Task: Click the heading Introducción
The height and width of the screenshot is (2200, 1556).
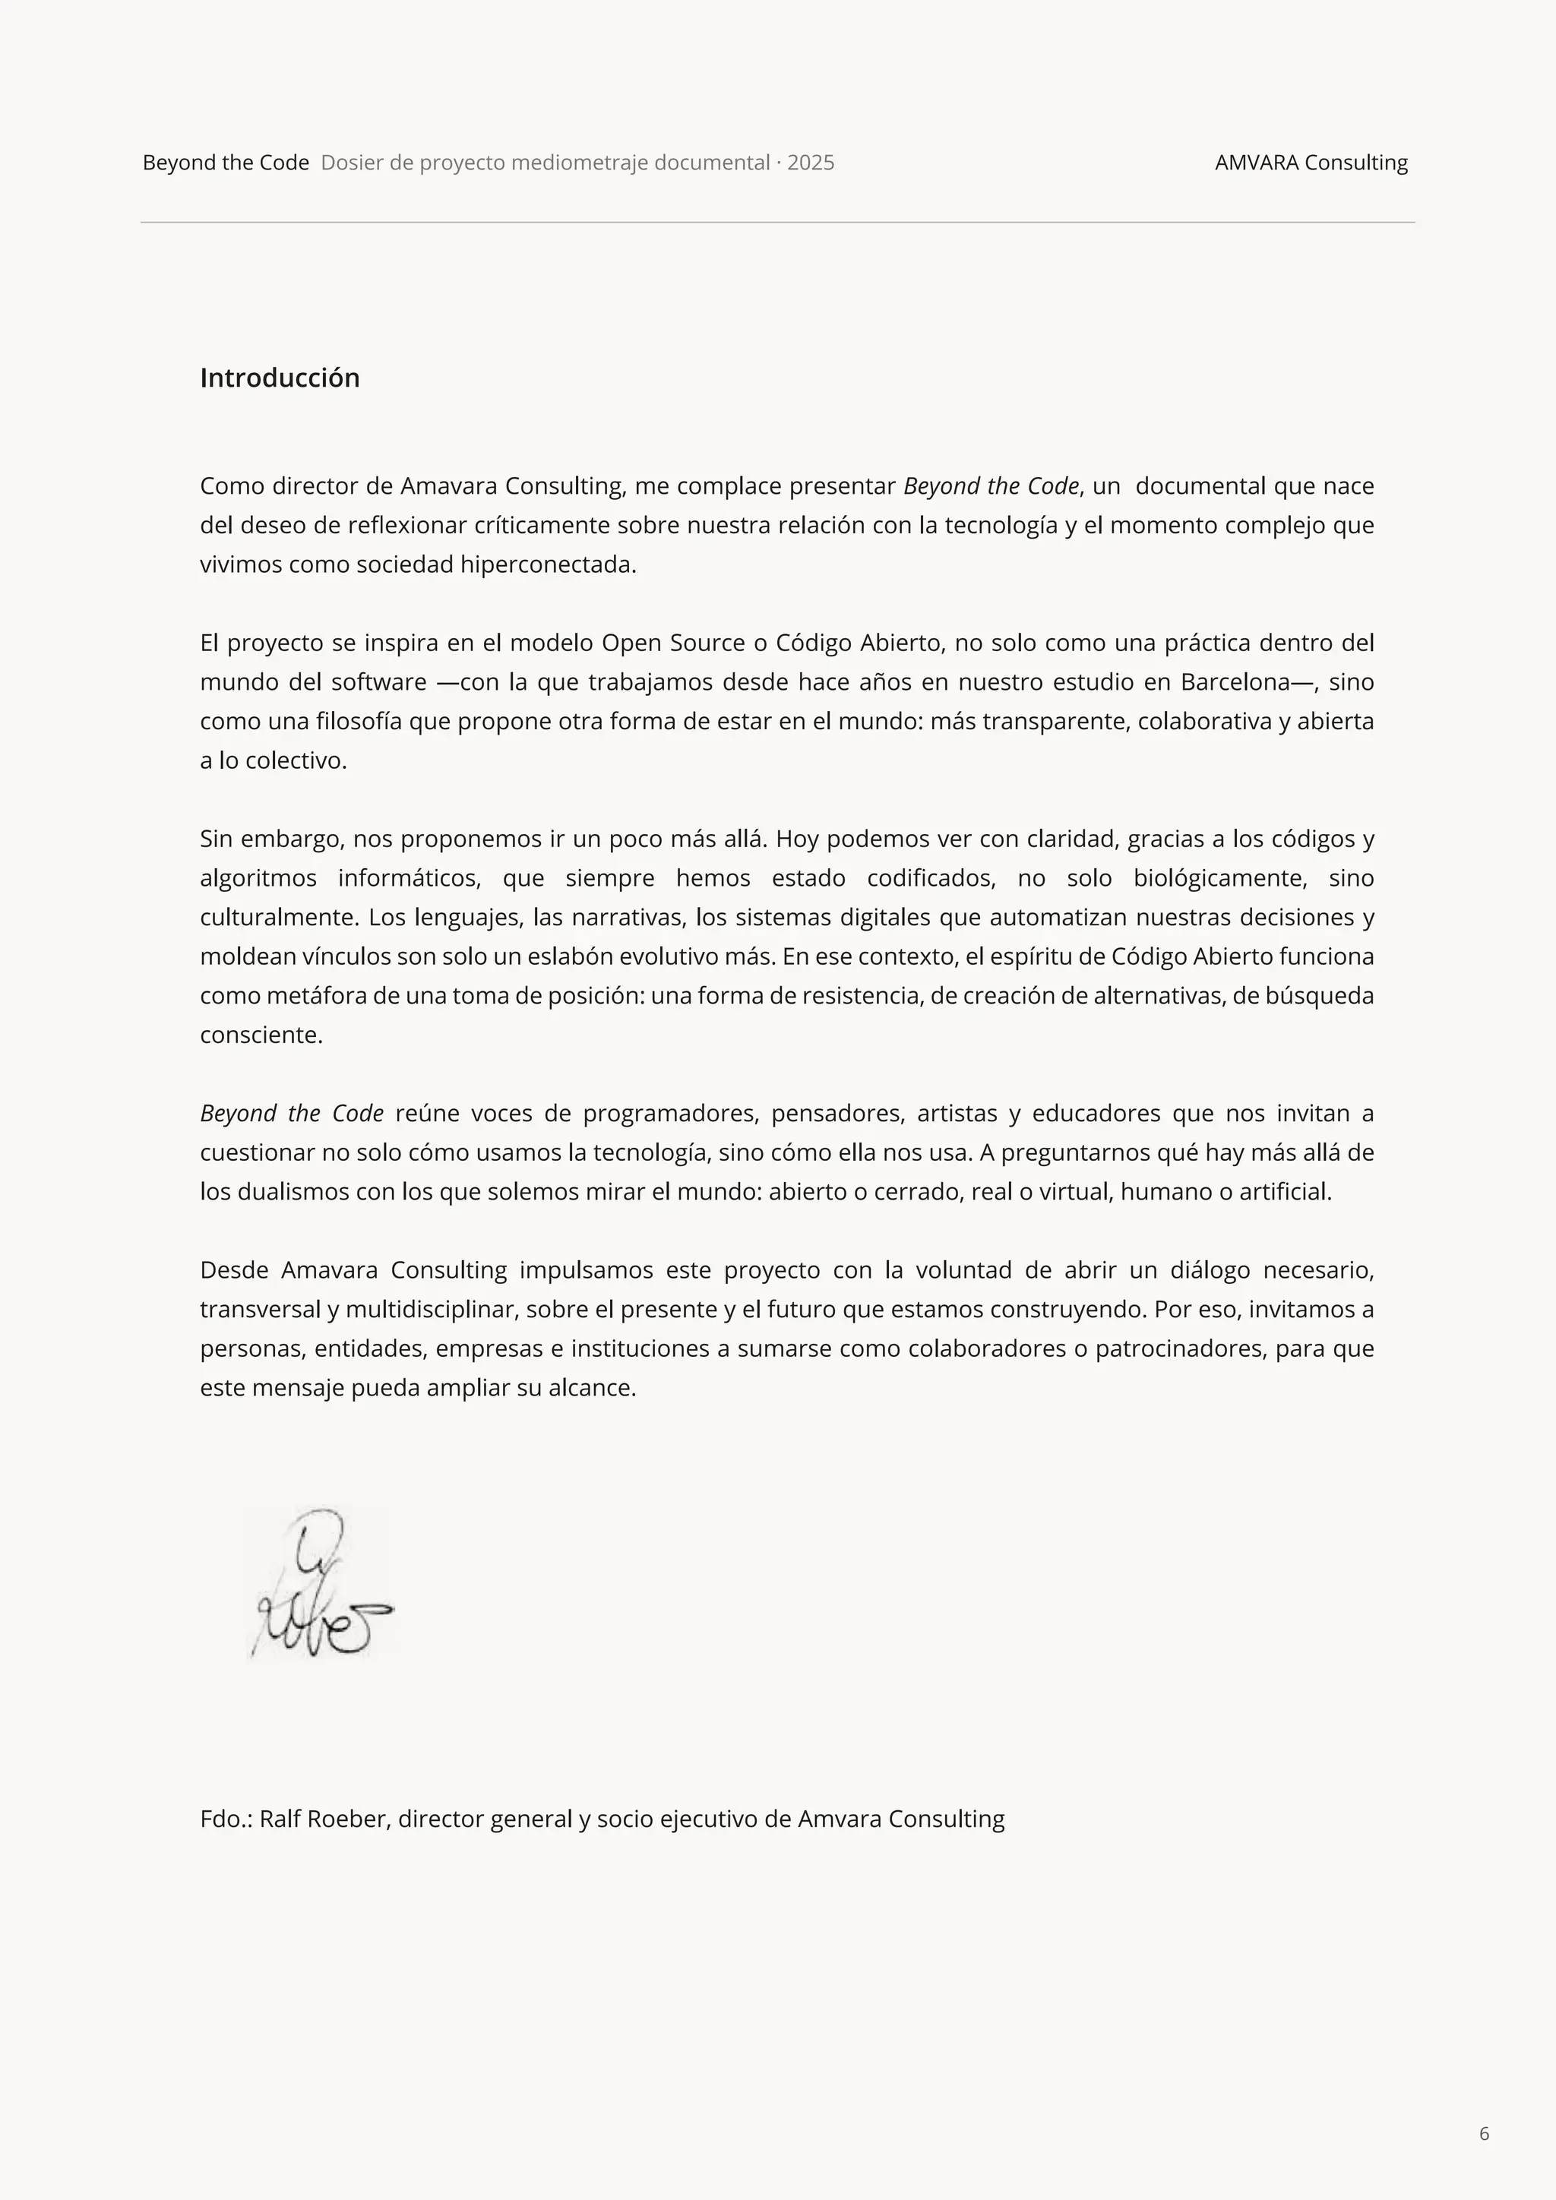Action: (280, 378)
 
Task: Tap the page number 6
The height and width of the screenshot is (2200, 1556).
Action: (1484, 2133)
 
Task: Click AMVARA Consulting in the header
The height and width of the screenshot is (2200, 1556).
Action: (1311, 163)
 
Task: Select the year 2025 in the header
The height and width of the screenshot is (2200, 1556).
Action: (811, 163)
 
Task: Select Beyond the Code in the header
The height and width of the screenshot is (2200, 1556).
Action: (226, 163)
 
